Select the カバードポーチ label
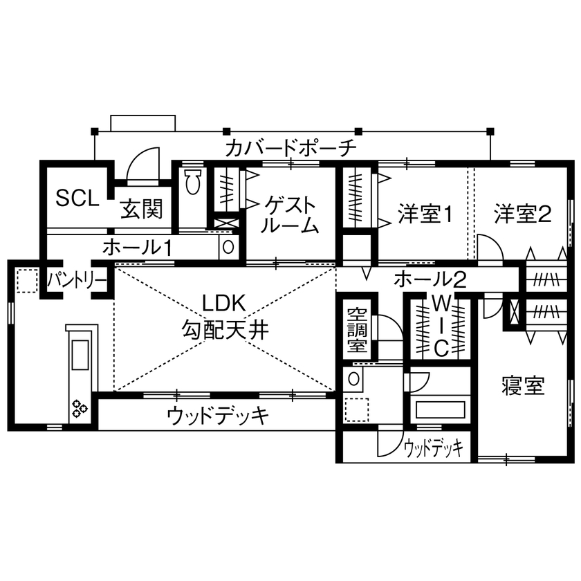[290, 147]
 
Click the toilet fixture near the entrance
[192, 183]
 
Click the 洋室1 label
[425, 214]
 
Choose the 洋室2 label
[522, 214]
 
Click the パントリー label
[76, 280]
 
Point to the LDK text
[223, 303]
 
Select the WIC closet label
[441, 326]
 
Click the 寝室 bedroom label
[522, 386]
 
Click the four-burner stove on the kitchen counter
[77, 408]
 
